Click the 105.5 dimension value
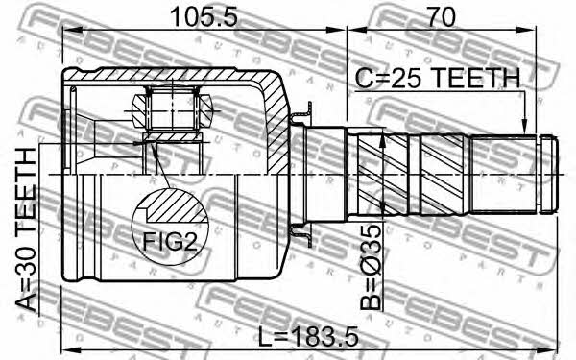pyautogui.click(x=204, y=17)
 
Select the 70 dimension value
pyautogui.click(x=442, y=16)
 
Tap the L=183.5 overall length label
pyautogui.click(x=308, y=337)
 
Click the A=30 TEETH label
pyautogui.click(x=26, y=229)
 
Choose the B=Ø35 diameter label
pyautogui.click(x=371, y=267)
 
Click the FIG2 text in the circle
pyautogui.click(x=169, y=242)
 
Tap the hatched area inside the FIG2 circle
pyautogui.click(x=174, y=207)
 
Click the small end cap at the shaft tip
pyautogui.click(x=549, y=174)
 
